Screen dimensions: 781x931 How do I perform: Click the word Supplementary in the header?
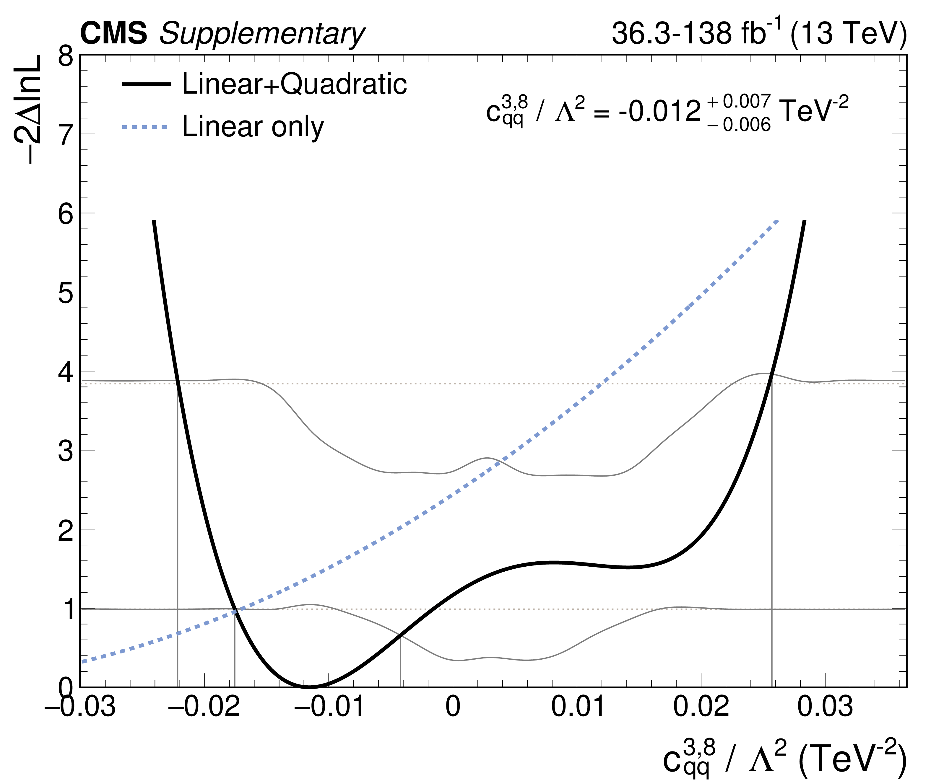tap(261, 35)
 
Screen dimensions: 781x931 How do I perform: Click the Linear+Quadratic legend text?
tap(294, 84)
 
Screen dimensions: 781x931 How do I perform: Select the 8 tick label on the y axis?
tap(66, 58)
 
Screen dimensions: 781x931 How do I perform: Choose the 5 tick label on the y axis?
tap(66, 293)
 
